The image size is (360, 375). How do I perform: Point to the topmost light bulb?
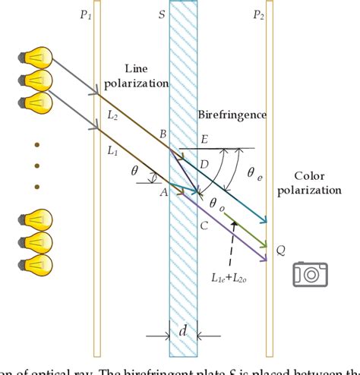click(37, 58)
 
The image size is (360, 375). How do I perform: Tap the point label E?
click(203, 139)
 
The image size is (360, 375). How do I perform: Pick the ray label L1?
click(112, 153)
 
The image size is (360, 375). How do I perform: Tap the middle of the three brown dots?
click(37, 165)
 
